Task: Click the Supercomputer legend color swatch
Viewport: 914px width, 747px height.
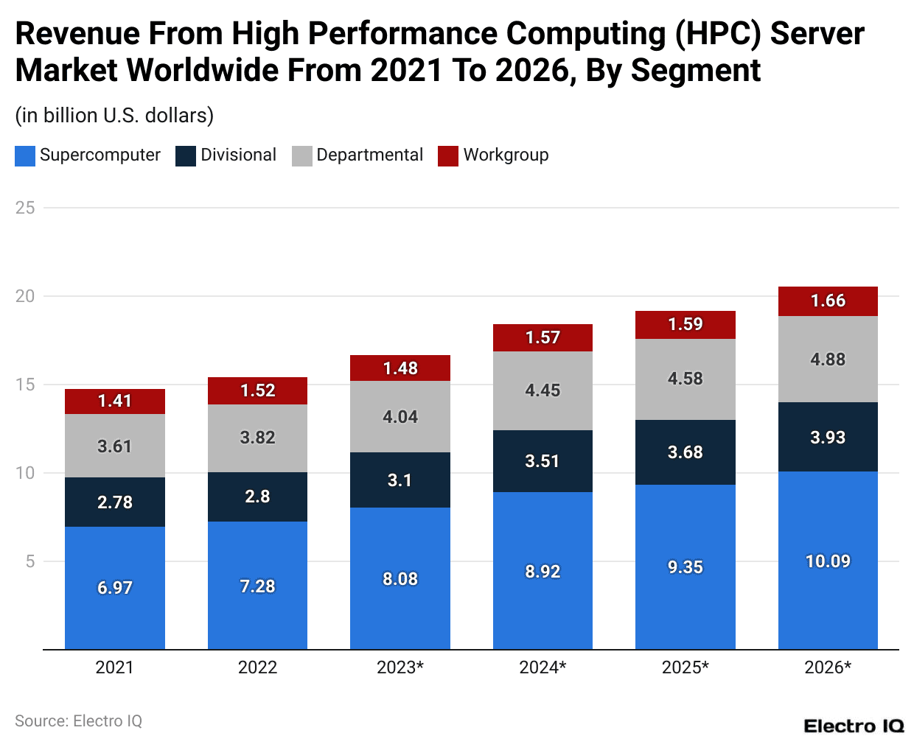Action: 25,155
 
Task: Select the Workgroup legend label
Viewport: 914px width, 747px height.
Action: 506,155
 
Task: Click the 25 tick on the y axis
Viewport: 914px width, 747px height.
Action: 25,208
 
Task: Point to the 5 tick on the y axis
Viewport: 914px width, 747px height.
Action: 30,561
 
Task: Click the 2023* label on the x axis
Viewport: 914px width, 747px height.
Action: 400,667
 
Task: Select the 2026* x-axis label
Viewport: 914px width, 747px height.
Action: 828,667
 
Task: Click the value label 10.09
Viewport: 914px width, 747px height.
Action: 828,561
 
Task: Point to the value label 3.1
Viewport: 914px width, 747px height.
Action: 400,480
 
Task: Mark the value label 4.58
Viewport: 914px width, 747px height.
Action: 685,379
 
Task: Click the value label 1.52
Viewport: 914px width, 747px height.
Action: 257,390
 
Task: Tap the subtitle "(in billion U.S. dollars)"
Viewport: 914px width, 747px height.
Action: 114,116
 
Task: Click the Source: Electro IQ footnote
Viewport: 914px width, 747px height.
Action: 78,720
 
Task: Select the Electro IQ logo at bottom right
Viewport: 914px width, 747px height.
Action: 854,726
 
